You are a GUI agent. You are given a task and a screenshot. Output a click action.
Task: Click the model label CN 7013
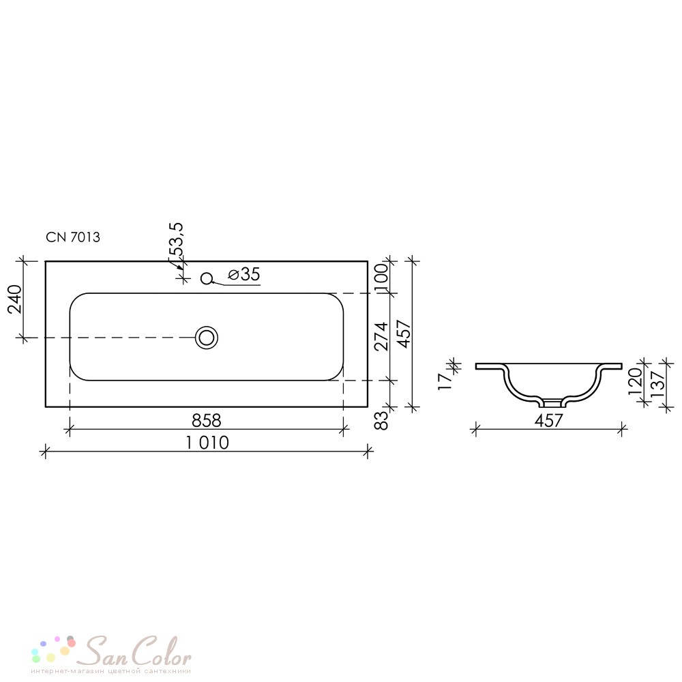click(73, 237)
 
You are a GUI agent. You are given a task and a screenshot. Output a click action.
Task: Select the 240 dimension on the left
click(15, 299)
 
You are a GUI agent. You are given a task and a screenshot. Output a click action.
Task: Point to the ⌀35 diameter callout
click(244, 274)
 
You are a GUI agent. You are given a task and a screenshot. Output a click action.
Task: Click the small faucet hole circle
click(207, 278)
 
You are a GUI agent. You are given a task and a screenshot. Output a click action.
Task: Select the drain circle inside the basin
click(207, 338)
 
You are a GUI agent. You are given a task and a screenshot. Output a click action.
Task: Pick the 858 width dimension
click(207, 421)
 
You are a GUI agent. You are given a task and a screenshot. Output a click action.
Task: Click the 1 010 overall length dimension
click(207, 443)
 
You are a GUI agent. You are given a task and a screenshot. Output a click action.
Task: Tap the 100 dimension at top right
click(381, 273)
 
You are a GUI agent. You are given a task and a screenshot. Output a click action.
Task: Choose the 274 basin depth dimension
click(381, 336)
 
